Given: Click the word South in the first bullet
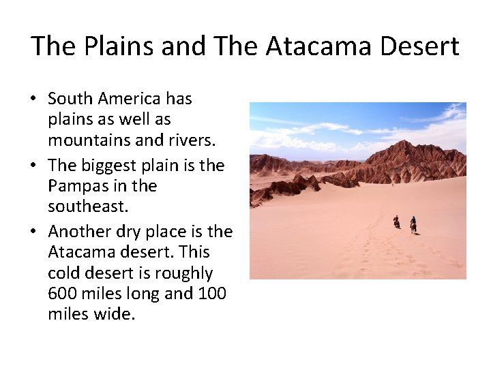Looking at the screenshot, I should (x=70, y=99).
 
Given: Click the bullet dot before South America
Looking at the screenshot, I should (x=33, y=99).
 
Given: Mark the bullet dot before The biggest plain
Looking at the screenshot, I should (x=33, y=166).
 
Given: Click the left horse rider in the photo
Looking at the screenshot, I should (x=396, y=221).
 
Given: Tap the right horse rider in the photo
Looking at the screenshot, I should (x=413, y=224).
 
